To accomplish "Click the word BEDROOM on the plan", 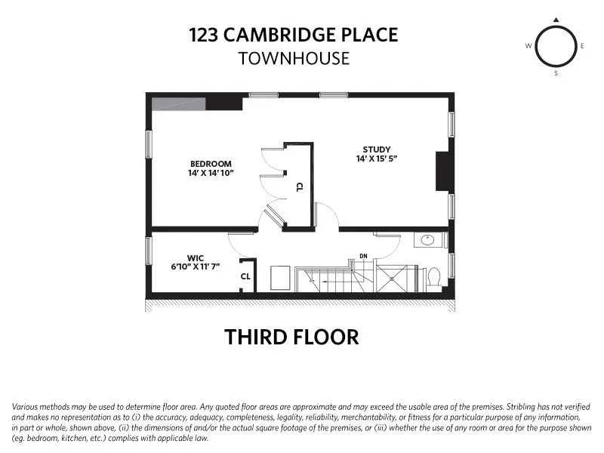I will tap(211, 164).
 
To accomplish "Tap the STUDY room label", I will tap(376, 149).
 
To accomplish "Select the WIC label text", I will tap(196, 257).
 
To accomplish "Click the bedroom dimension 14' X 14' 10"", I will tap(211, 174).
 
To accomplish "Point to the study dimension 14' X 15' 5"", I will tap(376, 159).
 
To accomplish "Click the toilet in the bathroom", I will tap(434, 279).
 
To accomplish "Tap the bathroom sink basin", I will tap(428, 241).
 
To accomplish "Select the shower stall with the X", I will tap(396, 279).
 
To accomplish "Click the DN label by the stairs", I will tap(363, 256).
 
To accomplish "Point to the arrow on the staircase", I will tap(325, 279).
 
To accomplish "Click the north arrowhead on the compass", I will tap(556, 20).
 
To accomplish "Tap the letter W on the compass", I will tap(528, 46).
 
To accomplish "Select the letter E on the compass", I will tap(583, 46).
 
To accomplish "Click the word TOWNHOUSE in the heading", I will tap(294, 58).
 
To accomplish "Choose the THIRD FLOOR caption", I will tap(291, 337).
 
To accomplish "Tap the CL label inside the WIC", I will tap(245, 276).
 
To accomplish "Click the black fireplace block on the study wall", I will tap(442, 171).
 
